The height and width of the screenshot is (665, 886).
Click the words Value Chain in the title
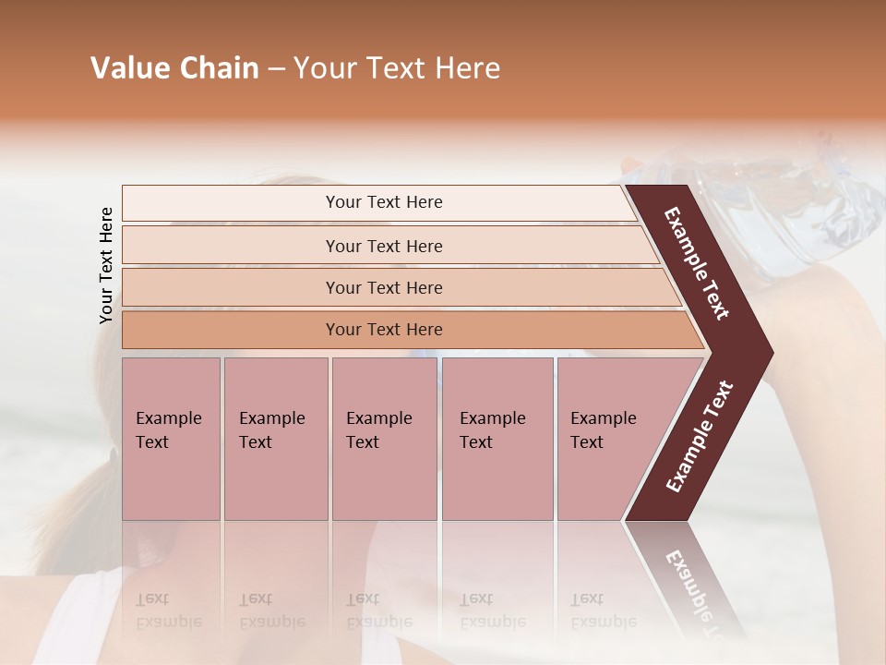pyautogui.click(x=174, y=68)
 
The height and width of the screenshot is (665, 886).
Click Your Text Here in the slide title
pyautogui.click(x=397, y=68)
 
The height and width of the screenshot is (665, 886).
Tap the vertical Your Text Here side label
pyautogui.click(x=106, y=265)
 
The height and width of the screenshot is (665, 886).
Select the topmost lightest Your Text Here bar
pyautogui.click(x=384, y=202)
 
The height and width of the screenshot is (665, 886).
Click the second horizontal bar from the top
pyautogui.click(x=384, y=246)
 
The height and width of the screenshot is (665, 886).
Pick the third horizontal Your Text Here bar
pyautogui.click(x=384, y=287)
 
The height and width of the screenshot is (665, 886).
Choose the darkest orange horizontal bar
pyautogui.click(x=384, y=330)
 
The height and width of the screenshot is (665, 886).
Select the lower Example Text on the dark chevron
pyautogui.click(x=700, y=436)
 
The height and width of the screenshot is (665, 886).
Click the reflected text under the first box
pyautogui.click(x=169, y=611)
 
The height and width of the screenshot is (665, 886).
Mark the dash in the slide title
pyautogui.click(x=276, y=69)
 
